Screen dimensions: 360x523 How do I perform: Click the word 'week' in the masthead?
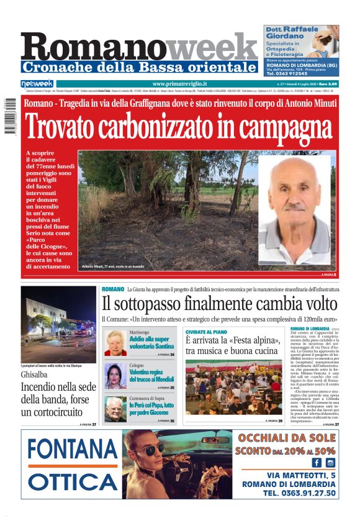click(x=215, y=47)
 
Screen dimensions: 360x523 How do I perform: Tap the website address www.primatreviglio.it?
click(x=179, y=84)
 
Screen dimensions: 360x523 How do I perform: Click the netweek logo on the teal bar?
click(x=37, y=84)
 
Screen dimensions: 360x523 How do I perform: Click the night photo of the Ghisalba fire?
click(x=58, y=324)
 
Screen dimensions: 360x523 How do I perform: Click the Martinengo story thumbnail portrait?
click(x=115, y=343)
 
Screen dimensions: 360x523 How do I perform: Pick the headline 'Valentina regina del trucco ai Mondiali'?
click(x=148, y=375)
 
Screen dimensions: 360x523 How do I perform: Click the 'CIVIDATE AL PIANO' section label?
click(x=207, y=332)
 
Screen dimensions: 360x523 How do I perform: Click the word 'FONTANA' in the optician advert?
click(x=73, y=449)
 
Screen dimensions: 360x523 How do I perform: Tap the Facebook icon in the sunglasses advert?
click(x=317, y=462)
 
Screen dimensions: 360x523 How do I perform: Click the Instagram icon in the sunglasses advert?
click(x=330, y=462)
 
